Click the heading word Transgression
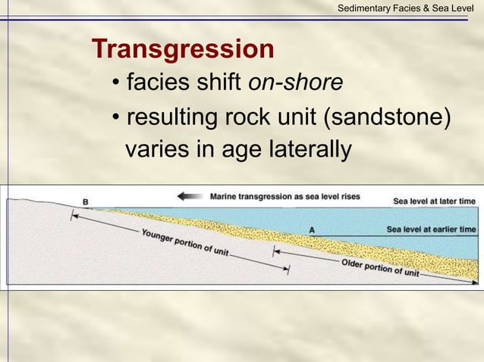point(182,50)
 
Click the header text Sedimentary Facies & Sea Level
point(406,8)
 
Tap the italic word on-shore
point(295,83)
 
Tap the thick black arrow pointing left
point(190,196)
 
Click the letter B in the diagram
point(85,201)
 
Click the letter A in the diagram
point(313,229)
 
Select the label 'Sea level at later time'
point(434,201)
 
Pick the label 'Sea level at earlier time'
point(431,229)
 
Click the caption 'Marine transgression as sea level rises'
point(284,196)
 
